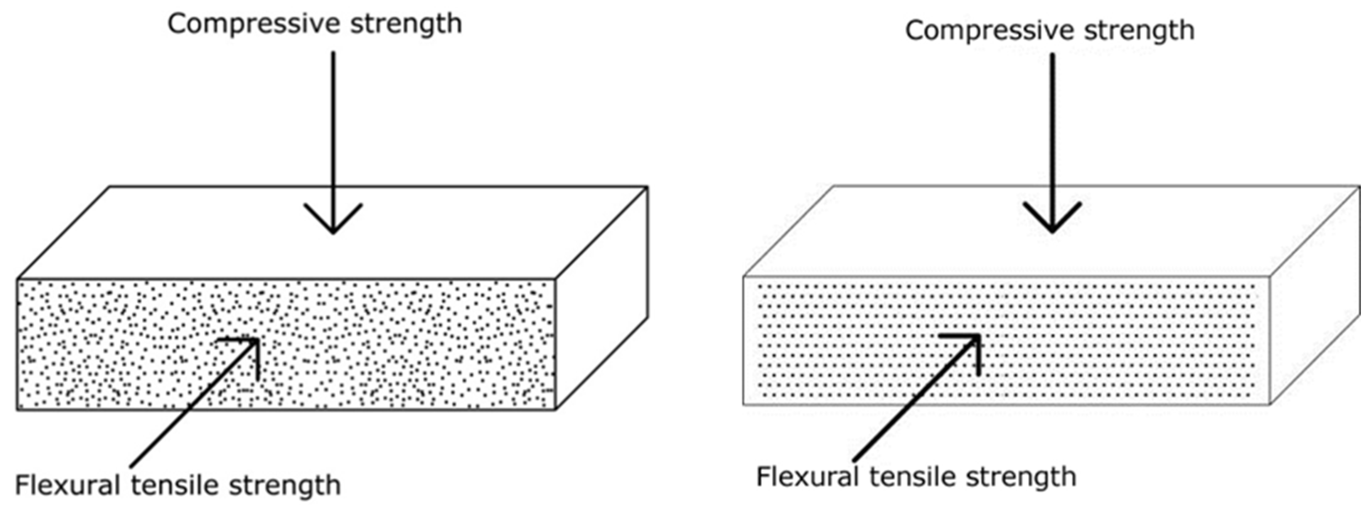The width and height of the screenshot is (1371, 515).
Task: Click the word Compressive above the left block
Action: pos(254,24)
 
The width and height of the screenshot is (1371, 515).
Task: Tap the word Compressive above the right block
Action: pos(991,31)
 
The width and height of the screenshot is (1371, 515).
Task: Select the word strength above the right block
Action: pos(1139,31)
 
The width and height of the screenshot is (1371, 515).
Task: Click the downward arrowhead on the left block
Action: pos(333,221)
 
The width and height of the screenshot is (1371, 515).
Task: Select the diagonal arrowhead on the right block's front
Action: pos(971,343)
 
